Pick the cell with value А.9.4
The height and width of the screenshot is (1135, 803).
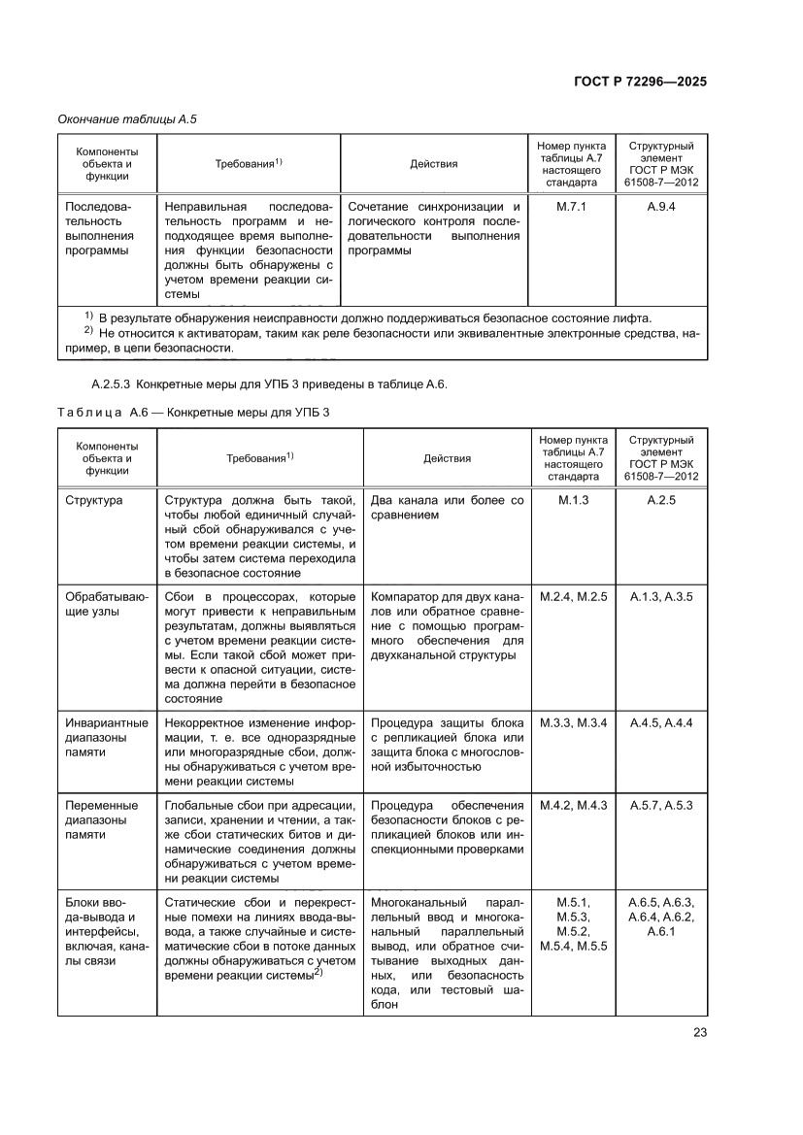point(661,207)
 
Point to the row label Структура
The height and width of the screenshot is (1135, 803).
point(93,500)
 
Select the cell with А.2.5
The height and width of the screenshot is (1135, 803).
point(661,500)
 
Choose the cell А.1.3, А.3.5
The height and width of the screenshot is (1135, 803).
point(661,596)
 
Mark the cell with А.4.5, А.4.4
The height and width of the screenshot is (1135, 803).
point(661,722)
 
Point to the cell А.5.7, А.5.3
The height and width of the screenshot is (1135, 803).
point(661,805)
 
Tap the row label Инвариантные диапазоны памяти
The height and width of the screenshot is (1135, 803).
point(107,737)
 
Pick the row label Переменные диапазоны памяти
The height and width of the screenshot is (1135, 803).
point(102,819)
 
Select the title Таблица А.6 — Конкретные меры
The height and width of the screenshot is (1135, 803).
point(194,412)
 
